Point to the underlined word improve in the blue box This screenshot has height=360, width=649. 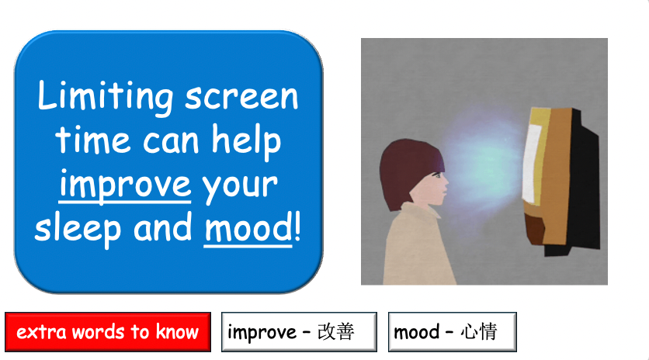pyautogui.click(x=125, y=185)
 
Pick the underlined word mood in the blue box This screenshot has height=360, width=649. pyautogui.click(x=246, y=230)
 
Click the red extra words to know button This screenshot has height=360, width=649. pyautogui.click(x=107, y=333)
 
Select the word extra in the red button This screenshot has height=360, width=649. pyautogui.click(x=41, y=333)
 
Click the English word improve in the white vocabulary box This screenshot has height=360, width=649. pyautogui.click(x=262, y=333)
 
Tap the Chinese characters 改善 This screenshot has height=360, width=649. pyautogui.click(x=335, y=333)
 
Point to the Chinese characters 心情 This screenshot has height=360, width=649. pyautogui.click(x=478, y=333)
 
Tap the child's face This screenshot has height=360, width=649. pyautogui.click(x=435, y=186)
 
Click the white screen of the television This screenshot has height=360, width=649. pyautogui.click(x=534, y=159)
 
